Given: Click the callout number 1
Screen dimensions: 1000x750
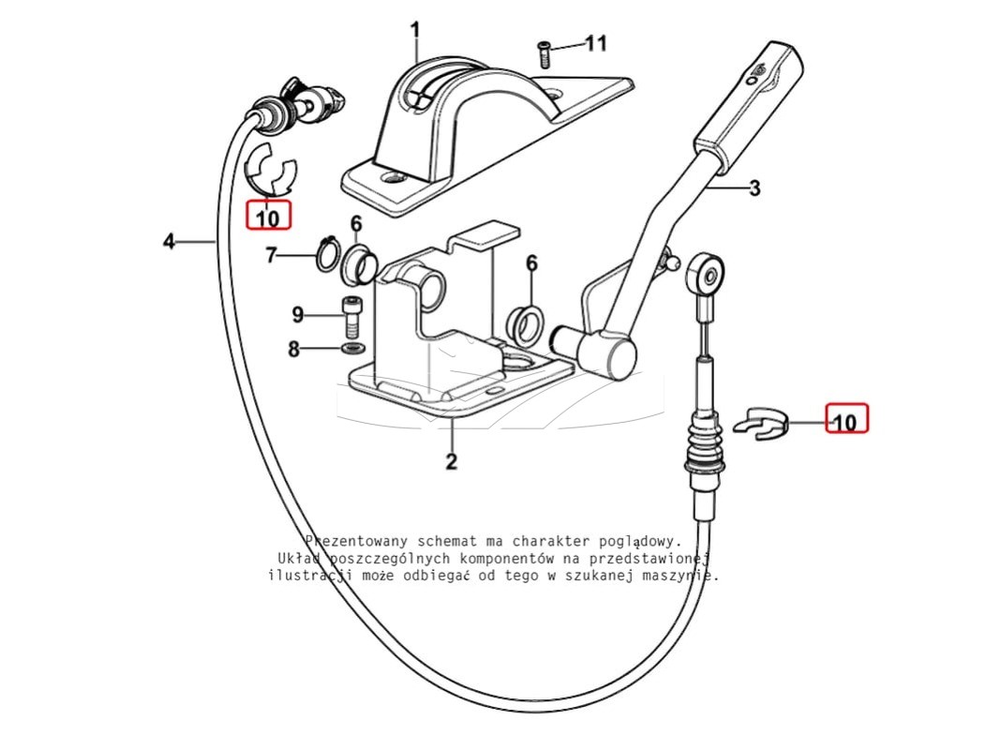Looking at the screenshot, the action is [x=415, y=30].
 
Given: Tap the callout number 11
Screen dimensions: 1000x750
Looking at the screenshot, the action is [x=596, y=43].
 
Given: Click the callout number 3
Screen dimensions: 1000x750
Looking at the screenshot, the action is [x=754, y=188].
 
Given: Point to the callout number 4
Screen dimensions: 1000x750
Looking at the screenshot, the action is [x=169, y=242].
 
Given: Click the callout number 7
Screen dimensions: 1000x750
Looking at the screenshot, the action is [x=271, y=256].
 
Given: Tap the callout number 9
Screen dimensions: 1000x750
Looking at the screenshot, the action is [x=298, y=314].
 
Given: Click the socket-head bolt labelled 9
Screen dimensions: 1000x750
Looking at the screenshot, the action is [x=351, y=318].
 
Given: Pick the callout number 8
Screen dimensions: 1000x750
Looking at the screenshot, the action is [x=293, y=349].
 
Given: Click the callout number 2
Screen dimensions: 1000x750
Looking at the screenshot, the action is [x=452, y=461].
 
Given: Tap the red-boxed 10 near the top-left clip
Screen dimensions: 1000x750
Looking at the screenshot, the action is [x=268, y=215].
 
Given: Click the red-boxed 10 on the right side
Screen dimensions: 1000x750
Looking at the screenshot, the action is [x=846, y=418].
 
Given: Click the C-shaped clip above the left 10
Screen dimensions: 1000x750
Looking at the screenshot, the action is [x=271, y=169].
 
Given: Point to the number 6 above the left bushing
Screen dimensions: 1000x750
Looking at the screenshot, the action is [x=356, y=224].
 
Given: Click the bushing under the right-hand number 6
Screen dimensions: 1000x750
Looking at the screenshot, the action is [x=525, y=322].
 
